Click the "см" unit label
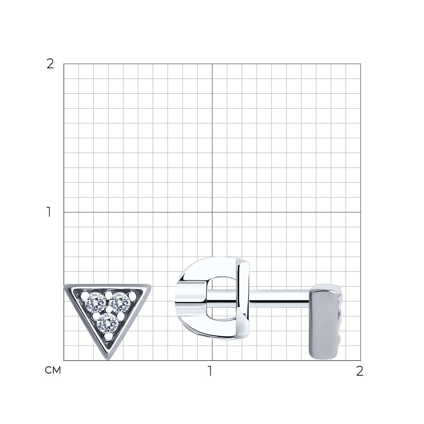click(53, 371)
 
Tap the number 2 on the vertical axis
click(50, 64)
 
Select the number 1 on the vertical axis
click(49, 212)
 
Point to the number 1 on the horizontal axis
click(210, 371)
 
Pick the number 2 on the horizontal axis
click(360, 371)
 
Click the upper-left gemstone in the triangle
click(95, 302)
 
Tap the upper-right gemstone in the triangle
click(120, 302)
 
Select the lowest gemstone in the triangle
click(108, 323)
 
